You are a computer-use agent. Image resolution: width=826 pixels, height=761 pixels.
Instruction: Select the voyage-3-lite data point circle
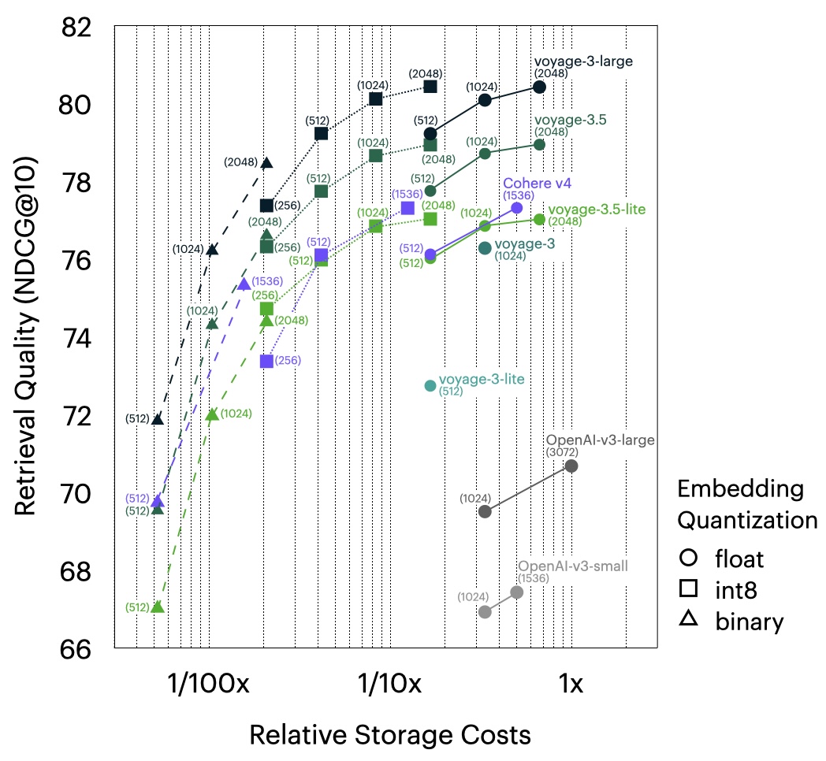click(x=430, y=385)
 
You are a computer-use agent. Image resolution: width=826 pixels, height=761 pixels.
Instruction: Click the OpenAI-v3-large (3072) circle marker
click(x=571, y=466)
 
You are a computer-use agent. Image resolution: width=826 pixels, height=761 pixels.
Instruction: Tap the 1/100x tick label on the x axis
click(x=209, y=684)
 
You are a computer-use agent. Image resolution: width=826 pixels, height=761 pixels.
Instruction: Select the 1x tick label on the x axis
click(x=571, y=684)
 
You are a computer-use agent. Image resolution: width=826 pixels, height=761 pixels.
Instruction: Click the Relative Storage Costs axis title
click(x=389, y=735)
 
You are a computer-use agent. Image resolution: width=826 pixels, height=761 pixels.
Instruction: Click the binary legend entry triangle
click(x=688, y=620)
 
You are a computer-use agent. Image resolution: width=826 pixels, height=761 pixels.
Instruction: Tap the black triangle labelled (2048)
click(x=266, y=163)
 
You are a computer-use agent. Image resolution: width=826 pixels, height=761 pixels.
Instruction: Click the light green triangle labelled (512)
click(x=158, y=607)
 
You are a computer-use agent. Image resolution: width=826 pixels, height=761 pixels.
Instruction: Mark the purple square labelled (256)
click(x=266, y=361)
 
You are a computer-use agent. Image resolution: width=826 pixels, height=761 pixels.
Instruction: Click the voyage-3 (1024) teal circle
click(x=486, y=247)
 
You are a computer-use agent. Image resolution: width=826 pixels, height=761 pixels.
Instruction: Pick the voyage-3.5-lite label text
click(x=597, y=210)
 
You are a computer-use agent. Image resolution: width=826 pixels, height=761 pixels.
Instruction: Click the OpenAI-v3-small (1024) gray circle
click(x=486, y=612)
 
